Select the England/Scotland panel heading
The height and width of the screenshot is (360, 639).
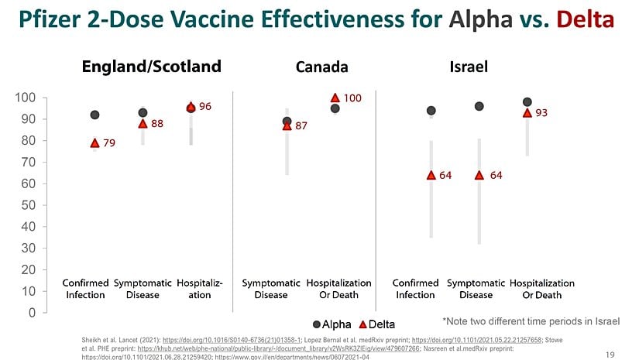(152, 67)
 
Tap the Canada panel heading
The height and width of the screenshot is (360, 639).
(321, 67)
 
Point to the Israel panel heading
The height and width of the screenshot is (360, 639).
(469, 67)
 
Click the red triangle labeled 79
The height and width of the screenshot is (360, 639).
(94, 142)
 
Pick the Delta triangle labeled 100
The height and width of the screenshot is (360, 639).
(335, 98)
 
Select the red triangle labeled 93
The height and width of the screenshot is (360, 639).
(527, 112)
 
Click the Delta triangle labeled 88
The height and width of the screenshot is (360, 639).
(143, 123)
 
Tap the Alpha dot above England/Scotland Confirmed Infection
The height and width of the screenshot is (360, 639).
(94, 115)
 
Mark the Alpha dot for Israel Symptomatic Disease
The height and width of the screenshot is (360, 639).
(479, 106)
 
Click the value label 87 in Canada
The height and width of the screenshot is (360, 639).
(301, 125)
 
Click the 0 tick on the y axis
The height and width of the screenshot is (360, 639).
(31, 313)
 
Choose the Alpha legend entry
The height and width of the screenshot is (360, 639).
(332, 324)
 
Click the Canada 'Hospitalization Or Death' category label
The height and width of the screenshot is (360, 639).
(338, 289)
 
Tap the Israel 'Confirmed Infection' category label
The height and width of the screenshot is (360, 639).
(415, 289)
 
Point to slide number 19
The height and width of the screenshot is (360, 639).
(610, 354)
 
